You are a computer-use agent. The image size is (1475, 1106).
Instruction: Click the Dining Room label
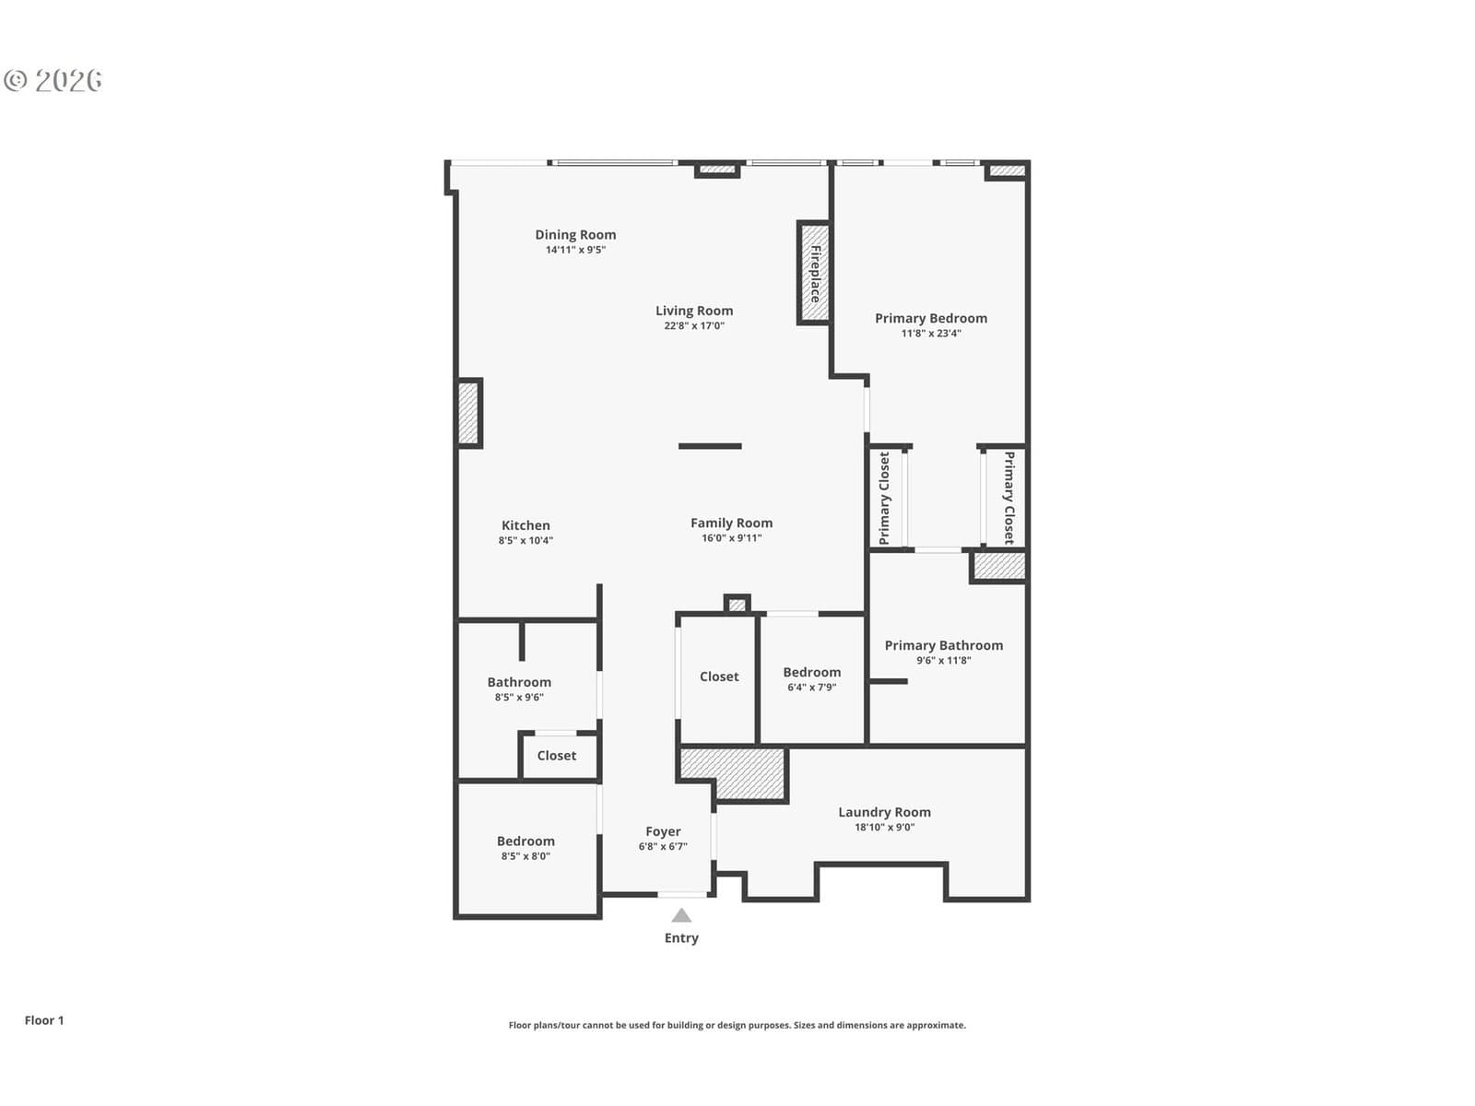pyautogui.click(x=575, y=234)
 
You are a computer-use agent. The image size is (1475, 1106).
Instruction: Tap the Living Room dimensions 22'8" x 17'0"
pyautogui.click(x=694, y=325)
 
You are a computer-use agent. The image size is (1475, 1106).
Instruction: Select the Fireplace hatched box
pyautogui.click(x=814, y=273)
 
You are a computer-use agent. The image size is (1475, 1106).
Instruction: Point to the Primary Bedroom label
pyautogui.click(x=931, y=318)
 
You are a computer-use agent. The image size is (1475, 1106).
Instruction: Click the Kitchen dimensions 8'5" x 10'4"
pyautogui.click(x=525, y=540)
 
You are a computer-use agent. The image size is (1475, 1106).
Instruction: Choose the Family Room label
pyautogui.click(x=731, y=523)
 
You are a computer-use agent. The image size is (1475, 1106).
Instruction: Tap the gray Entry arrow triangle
pyautogui.click(x=681, y=915)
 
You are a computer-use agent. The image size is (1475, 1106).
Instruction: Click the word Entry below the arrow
pyautogui.click(x=681, y=937)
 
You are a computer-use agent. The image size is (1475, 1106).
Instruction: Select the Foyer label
pyautogui.click(x=663, y=831)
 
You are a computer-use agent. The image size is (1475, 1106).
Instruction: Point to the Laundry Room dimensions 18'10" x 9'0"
pyautogui.click(x=884, y=827)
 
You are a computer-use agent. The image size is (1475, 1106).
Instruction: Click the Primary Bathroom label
pyautogui.click(x=943, y=644)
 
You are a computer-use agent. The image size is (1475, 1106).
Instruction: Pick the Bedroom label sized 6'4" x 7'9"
pyautogui.click(x=812, y=672)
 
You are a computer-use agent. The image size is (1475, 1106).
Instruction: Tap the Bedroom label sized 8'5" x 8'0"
pyautogui.click(x=525, y=841)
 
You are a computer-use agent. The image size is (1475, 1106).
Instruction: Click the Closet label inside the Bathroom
pyautogui.click(x=557, y=756)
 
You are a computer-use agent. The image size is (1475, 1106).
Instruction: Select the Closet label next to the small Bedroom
pyautogui.click(x=719, y=677)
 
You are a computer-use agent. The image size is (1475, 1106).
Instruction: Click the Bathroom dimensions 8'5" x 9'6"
pyautogui.click(x=519, y=697)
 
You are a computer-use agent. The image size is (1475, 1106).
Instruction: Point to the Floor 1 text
pyautogui.click(x=44, y=1020)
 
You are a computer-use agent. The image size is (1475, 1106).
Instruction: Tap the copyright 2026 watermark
pyautogui.click(x=53, y=80)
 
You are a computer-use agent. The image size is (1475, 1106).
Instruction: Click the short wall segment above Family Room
pyautogui.click(x=710, y=446)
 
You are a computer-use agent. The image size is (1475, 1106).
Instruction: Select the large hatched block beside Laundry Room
pyautogui.click(x=733, y=772)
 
